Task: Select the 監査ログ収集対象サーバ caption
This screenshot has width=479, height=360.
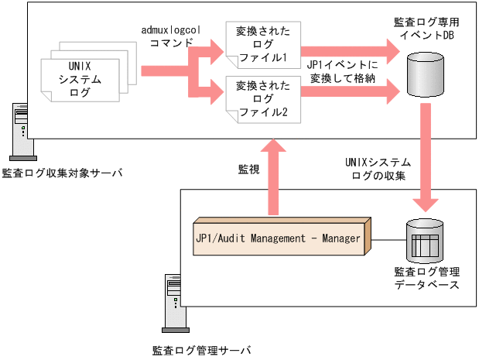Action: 63,173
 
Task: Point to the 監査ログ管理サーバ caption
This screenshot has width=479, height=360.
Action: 201,350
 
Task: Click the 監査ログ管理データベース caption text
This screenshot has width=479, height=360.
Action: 426,278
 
